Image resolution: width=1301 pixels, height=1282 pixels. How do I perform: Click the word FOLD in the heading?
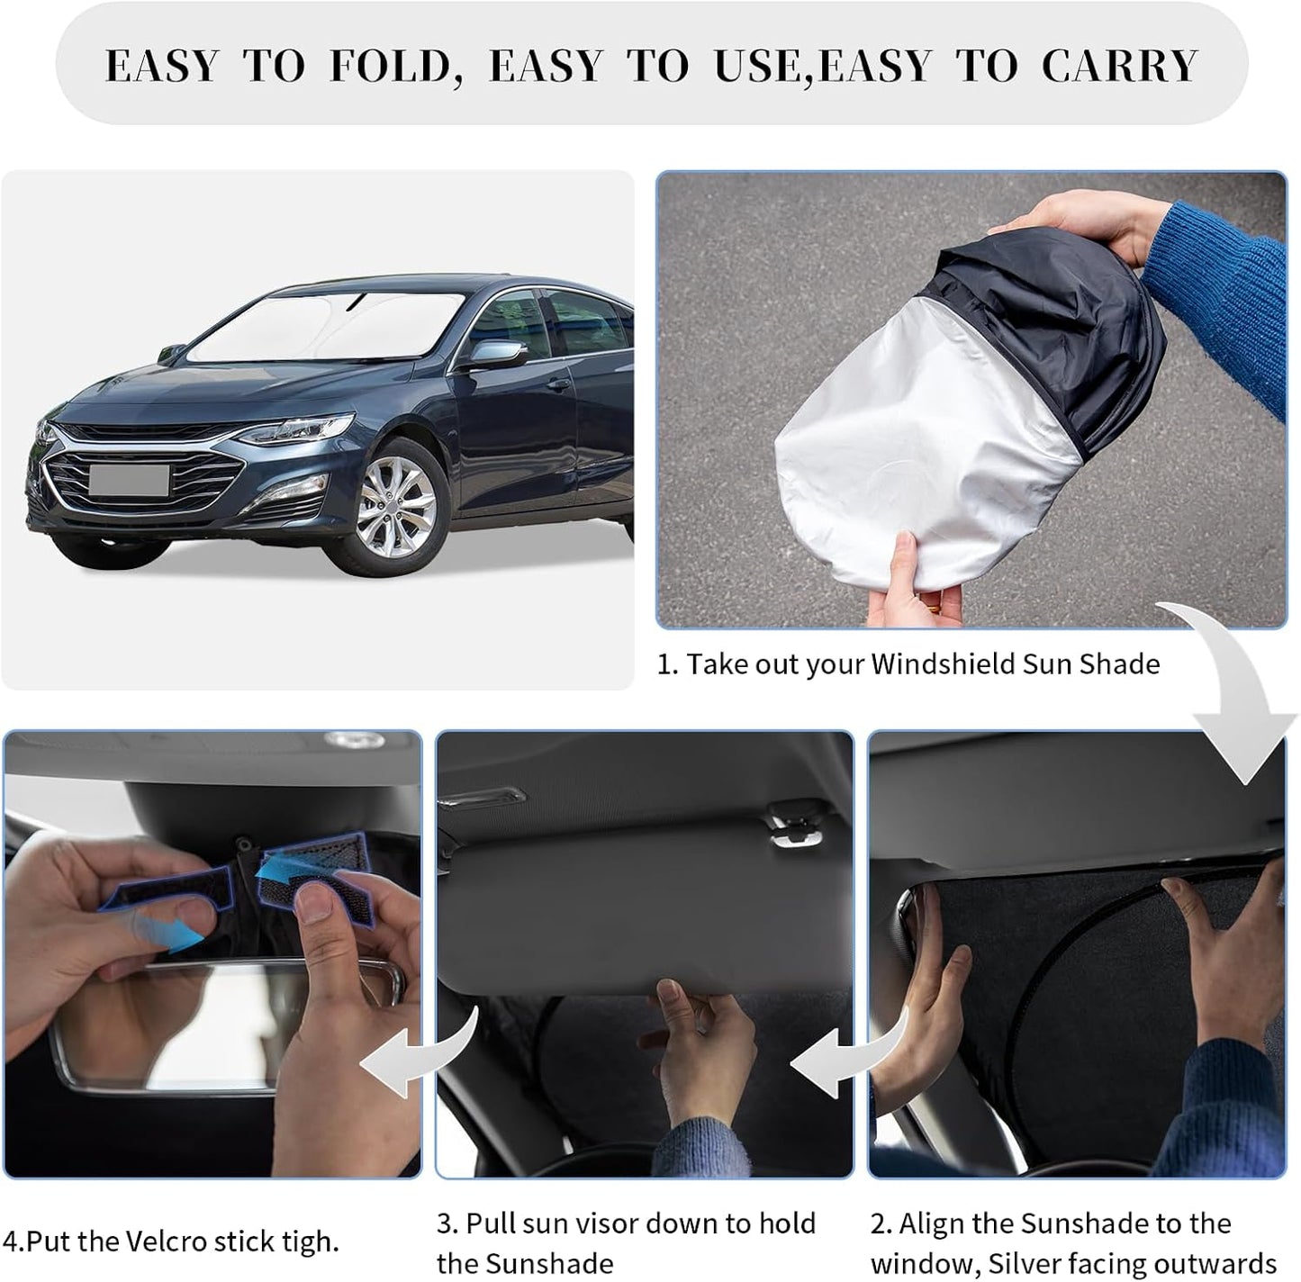pyautogui.click(x=389, y=67)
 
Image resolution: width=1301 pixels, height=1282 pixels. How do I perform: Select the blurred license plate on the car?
pyautogui.click(x=128, y=480)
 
